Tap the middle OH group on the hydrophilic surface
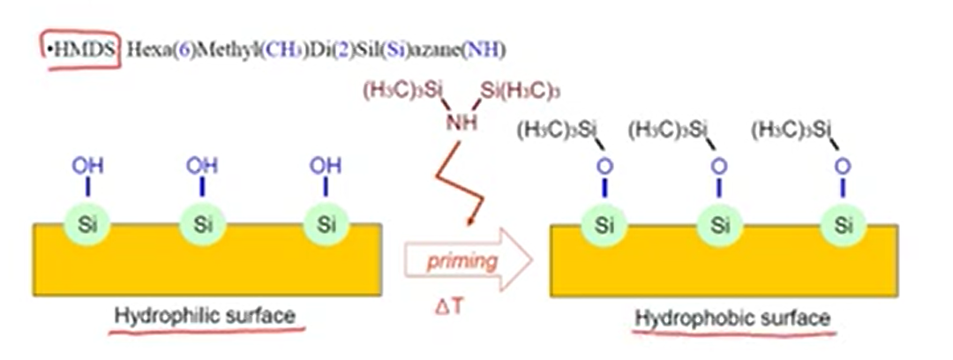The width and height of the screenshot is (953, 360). [x=202, y=166]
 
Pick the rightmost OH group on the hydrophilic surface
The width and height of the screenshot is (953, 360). [x=325, y=166]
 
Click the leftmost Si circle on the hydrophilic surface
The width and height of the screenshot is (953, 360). [x=86, y=224]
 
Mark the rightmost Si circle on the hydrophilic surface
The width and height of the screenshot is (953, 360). [x=326, y=224]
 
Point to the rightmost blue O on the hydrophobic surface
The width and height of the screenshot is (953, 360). [x=844, y=165]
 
